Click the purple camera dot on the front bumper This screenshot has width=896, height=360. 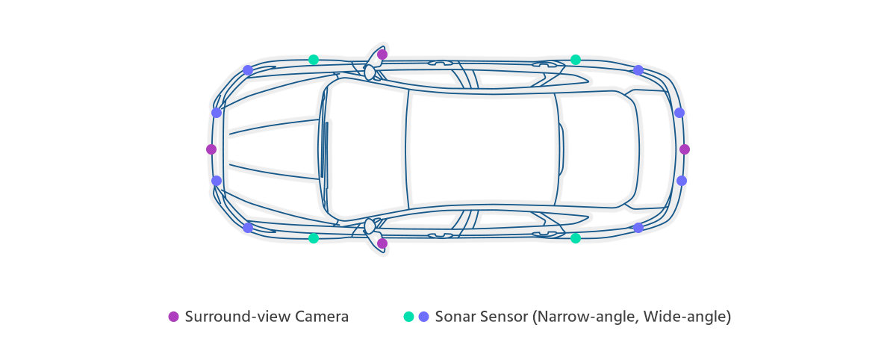(211, 149)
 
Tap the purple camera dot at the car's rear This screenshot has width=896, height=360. (685, 149)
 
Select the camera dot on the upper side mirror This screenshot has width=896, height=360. (382, 55)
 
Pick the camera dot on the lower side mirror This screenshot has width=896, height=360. (382, 243)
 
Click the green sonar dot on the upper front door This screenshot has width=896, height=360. (314, 60)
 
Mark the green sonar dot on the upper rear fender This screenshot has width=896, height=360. (575, 60)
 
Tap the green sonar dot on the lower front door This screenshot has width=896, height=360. (314, 238)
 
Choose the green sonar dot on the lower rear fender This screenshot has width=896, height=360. (575, 238)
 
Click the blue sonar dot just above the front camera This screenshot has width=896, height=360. (217, 113)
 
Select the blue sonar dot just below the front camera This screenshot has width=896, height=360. (217, 181)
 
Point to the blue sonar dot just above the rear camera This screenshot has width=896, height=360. (679, 113)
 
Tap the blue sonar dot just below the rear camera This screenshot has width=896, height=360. (681, 181)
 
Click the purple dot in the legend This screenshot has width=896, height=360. (174, 317)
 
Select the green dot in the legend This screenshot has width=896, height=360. (408, 317)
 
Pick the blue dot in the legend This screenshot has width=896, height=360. (424, 317)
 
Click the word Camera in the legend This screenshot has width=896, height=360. (322, 317)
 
